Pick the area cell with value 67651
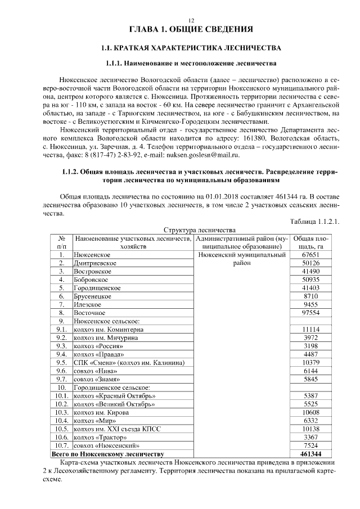pyautogui.click(x=310, y=255)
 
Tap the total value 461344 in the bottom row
pyautogui.click(x=310, y=453)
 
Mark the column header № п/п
pyautogui.click(x=62, y=242)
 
